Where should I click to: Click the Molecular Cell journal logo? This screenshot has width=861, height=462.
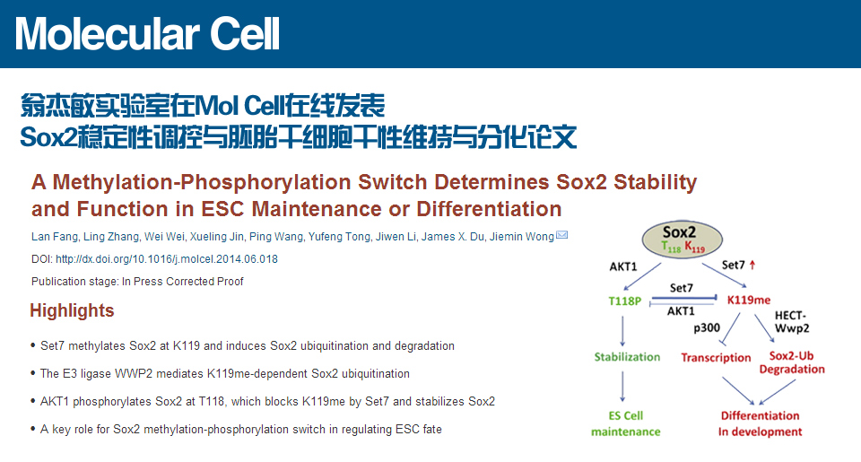[x=147, y=34]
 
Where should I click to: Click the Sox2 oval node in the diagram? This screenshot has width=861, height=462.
[x=682, y=240]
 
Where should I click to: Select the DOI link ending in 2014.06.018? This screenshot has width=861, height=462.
[x=167, y=258]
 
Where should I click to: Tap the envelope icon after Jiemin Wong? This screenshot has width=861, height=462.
[x=561, y=235]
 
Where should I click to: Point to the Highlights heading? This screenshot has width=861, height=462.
[x=72, y=310]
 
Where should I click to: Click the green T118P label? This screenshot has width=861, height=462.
[x=624, y=301]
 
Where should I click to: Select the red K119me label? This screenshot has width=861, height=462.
[x=748, y=300]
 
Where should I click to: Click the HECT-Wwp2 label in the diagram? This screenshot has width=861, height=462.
[x=792, y=322]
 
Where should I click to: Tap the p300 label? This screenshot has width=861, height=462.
[x=707, y=328]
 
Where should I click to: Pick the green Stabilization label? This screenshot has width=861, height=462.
[x=627, y=357]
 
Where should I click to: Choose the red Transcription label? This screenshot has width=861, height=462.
[x=716, y=358]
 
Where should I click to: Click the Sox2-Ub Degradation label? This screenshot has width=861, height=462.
[x=792, y=362]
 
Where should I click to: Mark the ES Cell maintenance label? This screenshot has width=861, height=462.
[x=625, y=423]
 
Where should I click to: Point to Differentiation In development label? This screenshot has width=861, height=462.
[x=760, y=423]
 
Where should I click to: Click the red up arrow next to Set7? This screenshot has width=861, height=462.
[x=752, y=265]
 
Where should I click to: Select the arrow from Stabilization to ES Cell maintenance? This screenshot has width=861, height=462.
[x=622, y=387]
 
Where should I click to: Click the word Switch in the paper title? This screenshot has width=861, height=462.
[x=392, y=182]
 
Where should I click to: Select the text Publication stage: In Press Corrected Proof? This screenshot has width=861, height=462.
[x=137, y=282]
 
